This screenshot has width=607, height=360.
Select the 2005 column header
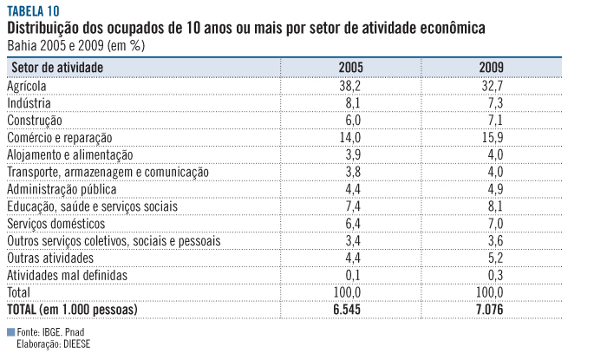(350, 67)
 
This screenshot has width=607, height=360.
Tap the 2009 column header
(492, 67)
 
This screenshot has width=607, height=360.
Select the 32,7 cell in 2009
(492, 86)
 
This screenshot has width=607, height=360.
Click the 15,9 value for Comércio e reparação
(492, 137)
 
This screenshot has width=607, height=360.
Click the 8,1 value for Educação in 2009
(492, 206)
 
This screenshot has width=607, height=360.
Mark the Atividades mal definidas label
(67, 275)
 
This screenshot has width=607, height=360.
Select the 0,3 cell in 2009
(492, 275)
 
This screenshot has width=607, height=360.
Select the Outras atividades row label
(50, 258)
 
